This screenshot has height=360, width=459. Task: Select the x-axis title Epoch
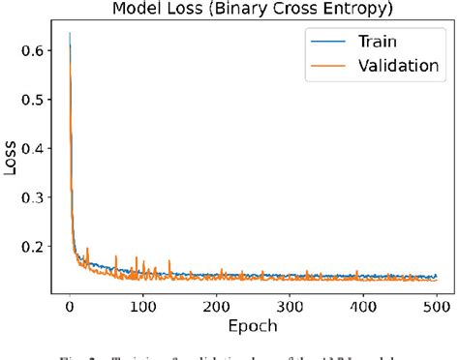253,327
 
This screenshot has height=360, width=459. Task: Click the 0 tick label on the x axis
70,307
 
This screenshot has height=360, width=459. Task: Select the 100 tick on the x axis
142,307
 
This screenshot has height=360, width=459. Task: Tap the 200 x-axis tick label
216,307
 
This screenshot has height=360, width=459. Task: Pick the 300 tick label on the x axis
290,307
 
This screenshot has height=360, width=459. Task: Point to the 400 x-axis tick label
363,307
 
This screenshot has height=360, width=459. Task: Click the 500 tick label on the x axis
436,307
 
